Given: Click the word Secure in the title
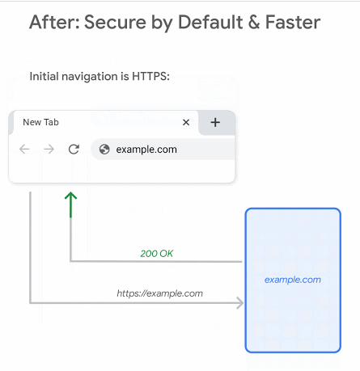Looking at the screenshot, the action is pyautogui.click(x=115, y=22).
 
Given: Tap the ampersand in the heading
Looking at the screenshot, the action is pyautogui.click(x=254, y=22).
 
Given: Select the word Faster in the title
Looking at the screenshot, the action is pyautogui.click(x=293, y=22).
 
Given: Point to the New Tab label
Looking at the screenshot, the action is pyautogui.click(x=40, y=122).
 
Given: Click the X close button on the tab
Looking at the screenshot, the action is pyautogui.click(x=186, y=123).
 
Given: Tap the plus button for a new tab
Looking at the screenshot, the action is pyautogui.click(x=215, y=122).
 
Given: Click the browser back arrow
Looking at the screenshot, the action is pyautogui.click(x=24, y=149).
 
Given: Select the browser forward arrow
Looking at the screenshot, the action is pyautogui.click(x=49, y=149).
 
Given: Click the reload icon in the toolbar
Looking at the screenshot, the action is pyautogui.click(x=74, y=149).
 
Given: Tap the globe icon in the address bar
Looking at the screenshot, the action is pyautogui.click(x=104, y=149).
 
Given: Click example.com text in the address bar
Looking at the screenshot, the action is pyautogui.click(x=146, y=150).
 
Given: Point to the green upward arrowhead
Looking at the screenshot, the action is pyautogui.click(x=70, y=196).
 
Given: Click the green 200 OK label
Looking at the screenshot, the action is pyautogui.click(x=156, y=254).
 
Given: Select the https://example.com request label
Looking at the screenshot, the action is pyautogui.click(x=159, y=293).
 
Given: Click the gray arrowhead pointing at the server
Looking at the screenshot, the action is pyautogui.click(x=240, y=303).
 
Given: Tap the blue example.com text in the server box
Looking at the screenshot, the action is pyautogui.click(x=293, y=280).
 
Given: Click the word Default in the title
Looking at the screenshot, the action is pyautogui.click(x=210, y=22).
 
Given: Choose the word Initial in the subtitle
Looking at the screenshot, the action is pyautogui.click(x=44, y=77).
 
